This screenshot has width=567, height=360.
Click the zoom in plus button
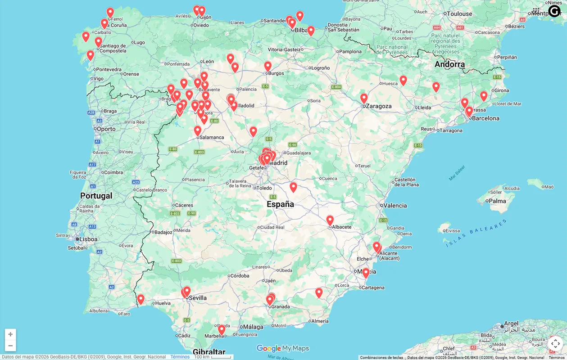[x=10, y=334]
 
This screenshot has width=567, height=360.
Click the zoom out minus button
[x=10, y=346]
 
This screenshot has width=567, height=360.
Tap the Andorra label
[x=449, y=64]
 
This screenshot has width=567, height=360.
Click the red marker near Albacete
[x=330, y=220]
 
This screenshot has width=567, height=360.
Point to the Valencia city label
[x=395, y=206]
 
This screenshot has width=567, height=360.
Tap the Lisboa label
[x=88, y=239]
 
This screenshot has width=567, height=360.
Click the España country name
[x=280, y=204]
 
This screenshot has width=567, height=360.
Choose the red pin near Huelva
[x=141, y=299]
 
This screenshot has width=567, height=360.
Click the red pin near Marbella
[x=222, y=329]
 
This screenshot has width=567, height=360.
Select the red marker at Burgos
[x=268, y=66]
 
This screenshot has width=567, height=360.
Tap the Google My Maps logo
[x=283, y=348]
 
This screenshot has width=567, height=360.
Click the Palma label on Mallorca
[x=498, y=201]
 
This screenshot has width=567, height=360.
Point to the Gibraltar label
[x=209, y=352]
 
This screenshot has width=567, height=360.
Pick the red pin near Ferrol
[x=110, y=12]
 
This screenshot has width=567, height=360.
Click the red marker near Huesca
[x=403, y=80]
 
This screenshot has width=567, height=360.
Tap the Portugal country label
[x=96, y=196]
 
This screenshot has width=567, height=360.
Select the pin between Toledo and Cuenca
[x=293, y=187]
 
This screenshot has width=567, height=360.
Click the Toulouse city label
[x=459, y=14]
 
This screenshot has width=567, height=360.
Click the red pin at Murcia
[x=366, y=273]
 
